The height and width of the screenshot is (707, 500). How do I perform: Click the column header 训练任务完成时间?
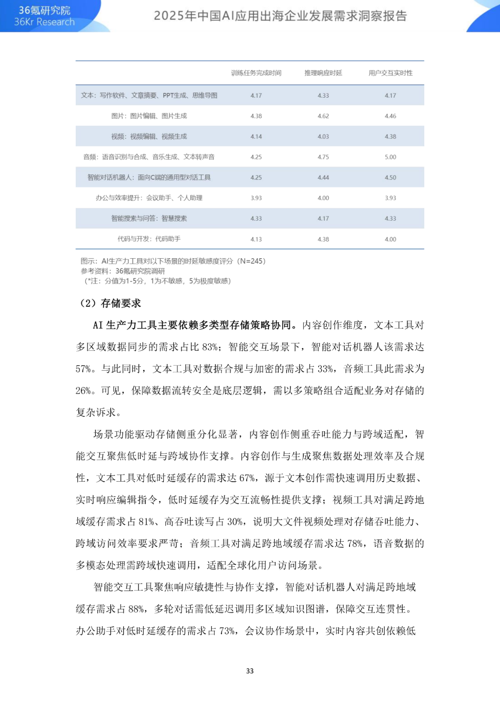point(256,73)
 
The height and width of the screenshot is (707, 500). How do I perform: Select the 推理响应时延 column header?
point(323,73)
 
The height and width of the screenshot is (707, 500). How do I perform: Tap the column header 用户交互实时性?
point(390,73)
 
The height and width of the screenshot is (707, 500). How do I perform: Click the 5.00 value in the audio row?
point(390,157)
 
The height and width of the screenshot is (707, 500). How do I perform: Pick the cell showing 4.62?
point(323,116)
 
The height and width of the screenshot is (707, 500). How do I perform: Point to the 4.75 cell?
point(323,157)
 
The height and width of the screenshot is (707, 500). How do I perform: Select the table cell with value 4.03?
point(323,137)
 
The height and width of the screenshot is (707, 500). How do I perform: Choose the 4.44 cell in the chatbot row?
point(323,178)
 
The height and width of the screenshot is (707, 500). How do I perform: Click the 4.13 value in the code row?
point(256,239)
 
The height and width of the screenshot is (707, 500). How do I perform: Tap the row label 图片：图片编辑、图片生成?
point(149,116)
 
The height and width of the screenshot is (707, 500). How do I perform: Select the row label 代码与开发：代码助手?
point(149,239)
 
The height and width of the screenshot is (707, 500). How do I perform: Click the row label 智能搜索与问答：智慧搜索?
point(149,218)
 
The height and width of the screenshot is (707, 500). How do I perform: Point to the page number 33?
point(250,671)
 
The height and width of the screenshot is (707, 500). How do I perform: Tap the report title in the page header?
point(280,16)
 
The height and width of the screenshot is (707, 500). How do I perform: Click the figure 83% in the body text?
point(211,347)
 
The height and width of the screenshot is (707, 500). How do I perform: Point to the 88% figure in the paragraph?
point(136,609)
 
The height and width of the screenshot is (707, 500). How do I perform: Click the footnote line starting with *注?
point(157,281)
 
